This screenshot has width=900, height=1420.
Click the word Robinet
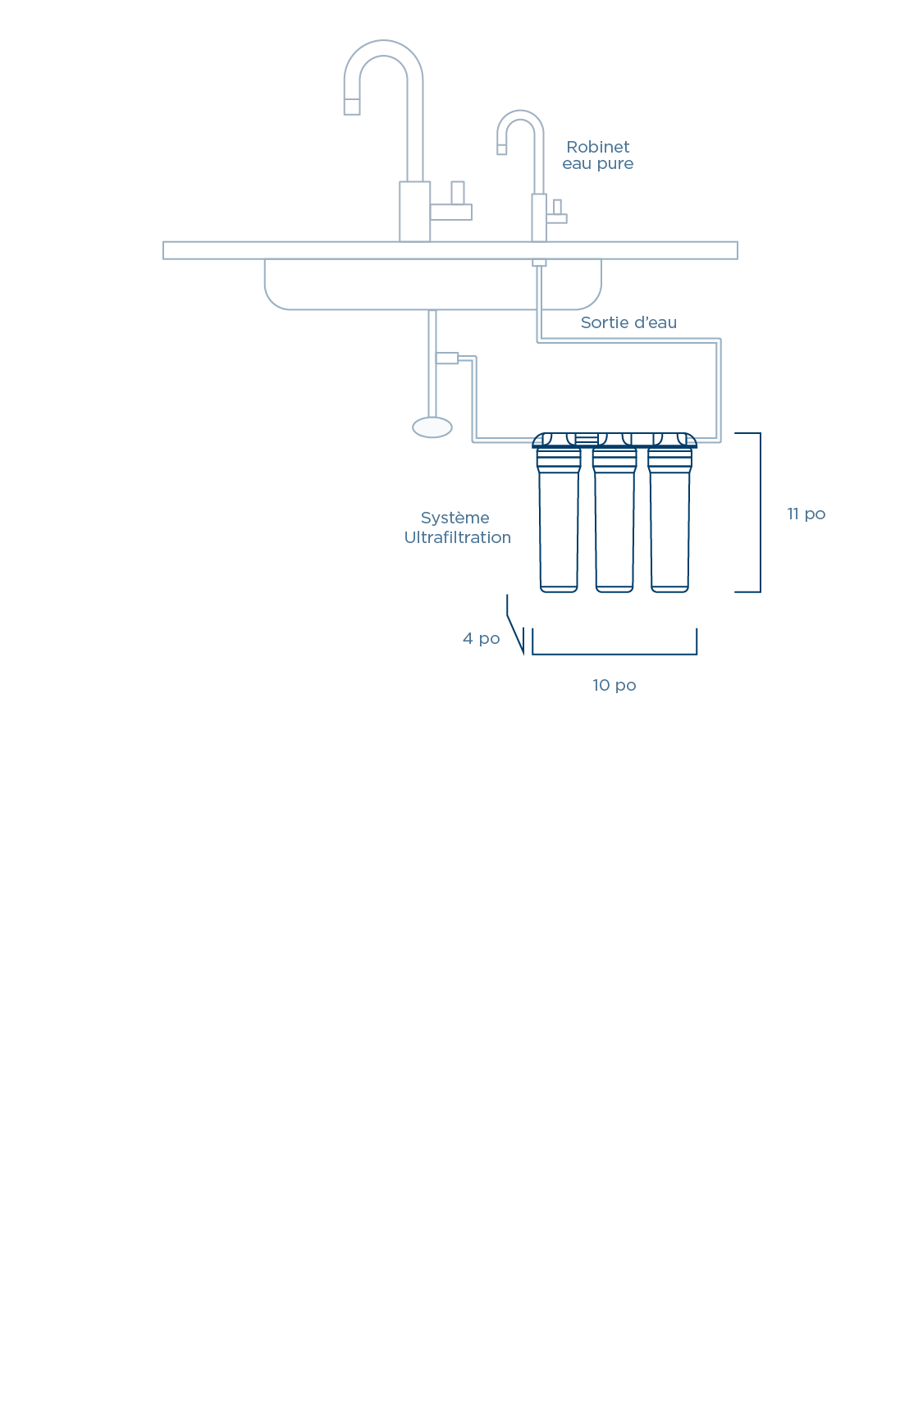[x=598, y=147]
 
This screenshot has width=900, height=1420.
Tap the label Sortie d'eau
[x=628, y=322]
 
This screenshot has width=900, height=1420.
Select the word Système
[x=455, y=518]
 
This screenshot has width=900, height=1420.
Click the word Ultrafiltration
[x=457, y=537]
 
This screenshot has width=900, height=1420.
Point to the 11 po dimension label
[x=806, y=514]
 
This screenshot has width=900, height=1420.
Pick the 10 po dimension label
[x=614, y=685]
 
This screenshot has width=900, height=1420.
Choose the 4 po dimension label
[x=481, y=638]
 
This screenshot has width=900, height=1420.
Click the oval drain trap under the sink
[x=432, y=427]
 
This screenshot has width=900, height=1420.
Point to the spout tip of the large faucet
[x=352, y=106]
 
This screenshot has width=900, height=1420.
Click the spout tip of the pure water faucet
[x=502, y=149]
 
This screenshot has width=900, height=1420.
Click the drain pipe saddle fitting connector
[x=447, y=358]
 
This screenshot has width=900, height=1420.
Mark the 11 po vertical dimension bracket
[x=759, y=512]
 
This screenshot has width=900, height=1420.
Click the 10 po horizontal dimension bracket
[x=614, y=653]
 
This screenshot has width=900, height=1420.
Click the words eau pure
[x=598, y=163]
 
